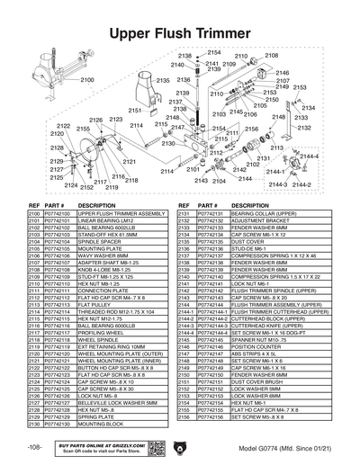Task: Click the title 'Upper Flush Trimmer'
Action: [x=180, y=34]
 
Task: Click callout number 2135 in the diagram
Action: [x=161, y=81]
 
